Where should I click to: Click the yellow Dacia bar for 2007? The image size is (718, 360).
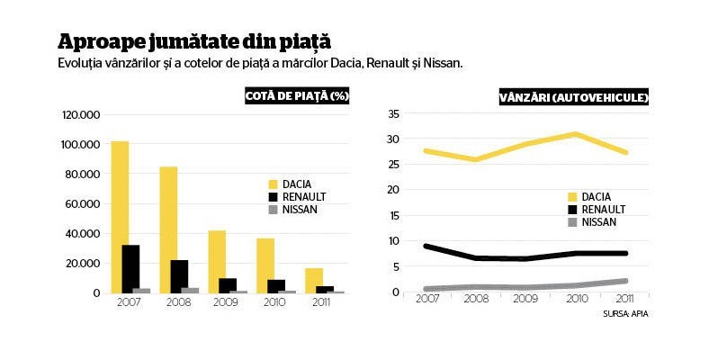click(120, 217)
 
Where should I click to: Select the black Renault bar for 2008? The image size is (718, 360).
click(179, 276)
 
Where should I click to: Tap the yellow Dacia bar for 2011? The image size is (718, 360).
click(314, 281)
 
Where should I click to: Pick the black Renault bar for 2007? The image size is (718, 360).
click(130, 269)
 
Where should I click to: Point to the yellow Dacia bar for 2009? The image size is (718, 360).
click(217, 262)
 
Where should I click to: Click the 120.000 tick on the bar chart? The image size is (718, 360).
click(81, 114)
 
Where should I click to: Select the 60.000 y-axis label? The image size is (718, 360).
click(83, 203)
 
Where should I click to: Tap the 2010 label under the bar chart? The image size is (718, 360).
click(274, 302)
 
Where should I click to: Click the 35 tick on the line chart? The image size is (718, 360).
click(393, 113)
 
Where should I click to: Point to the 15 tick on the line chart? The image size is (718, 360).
click(394, 215)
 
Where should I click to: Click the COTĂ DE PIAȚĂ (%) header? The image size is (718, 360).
click(297, 95)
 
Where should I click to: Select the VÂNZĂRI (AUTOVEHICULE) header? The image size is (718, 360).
click(574, 97)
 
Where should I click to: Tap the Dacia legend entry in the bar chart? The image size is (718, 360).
click(290, 184)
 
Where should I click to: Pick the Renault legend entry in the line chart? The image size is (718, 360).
click(597, 210)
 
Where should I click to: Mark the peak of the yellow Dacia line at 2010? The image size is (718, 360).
click(574, 134)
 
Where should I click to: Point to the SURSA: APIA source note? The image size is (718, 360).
click(625, 314)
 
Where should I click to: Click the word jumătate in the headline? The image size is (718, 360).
click(193, 41)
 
